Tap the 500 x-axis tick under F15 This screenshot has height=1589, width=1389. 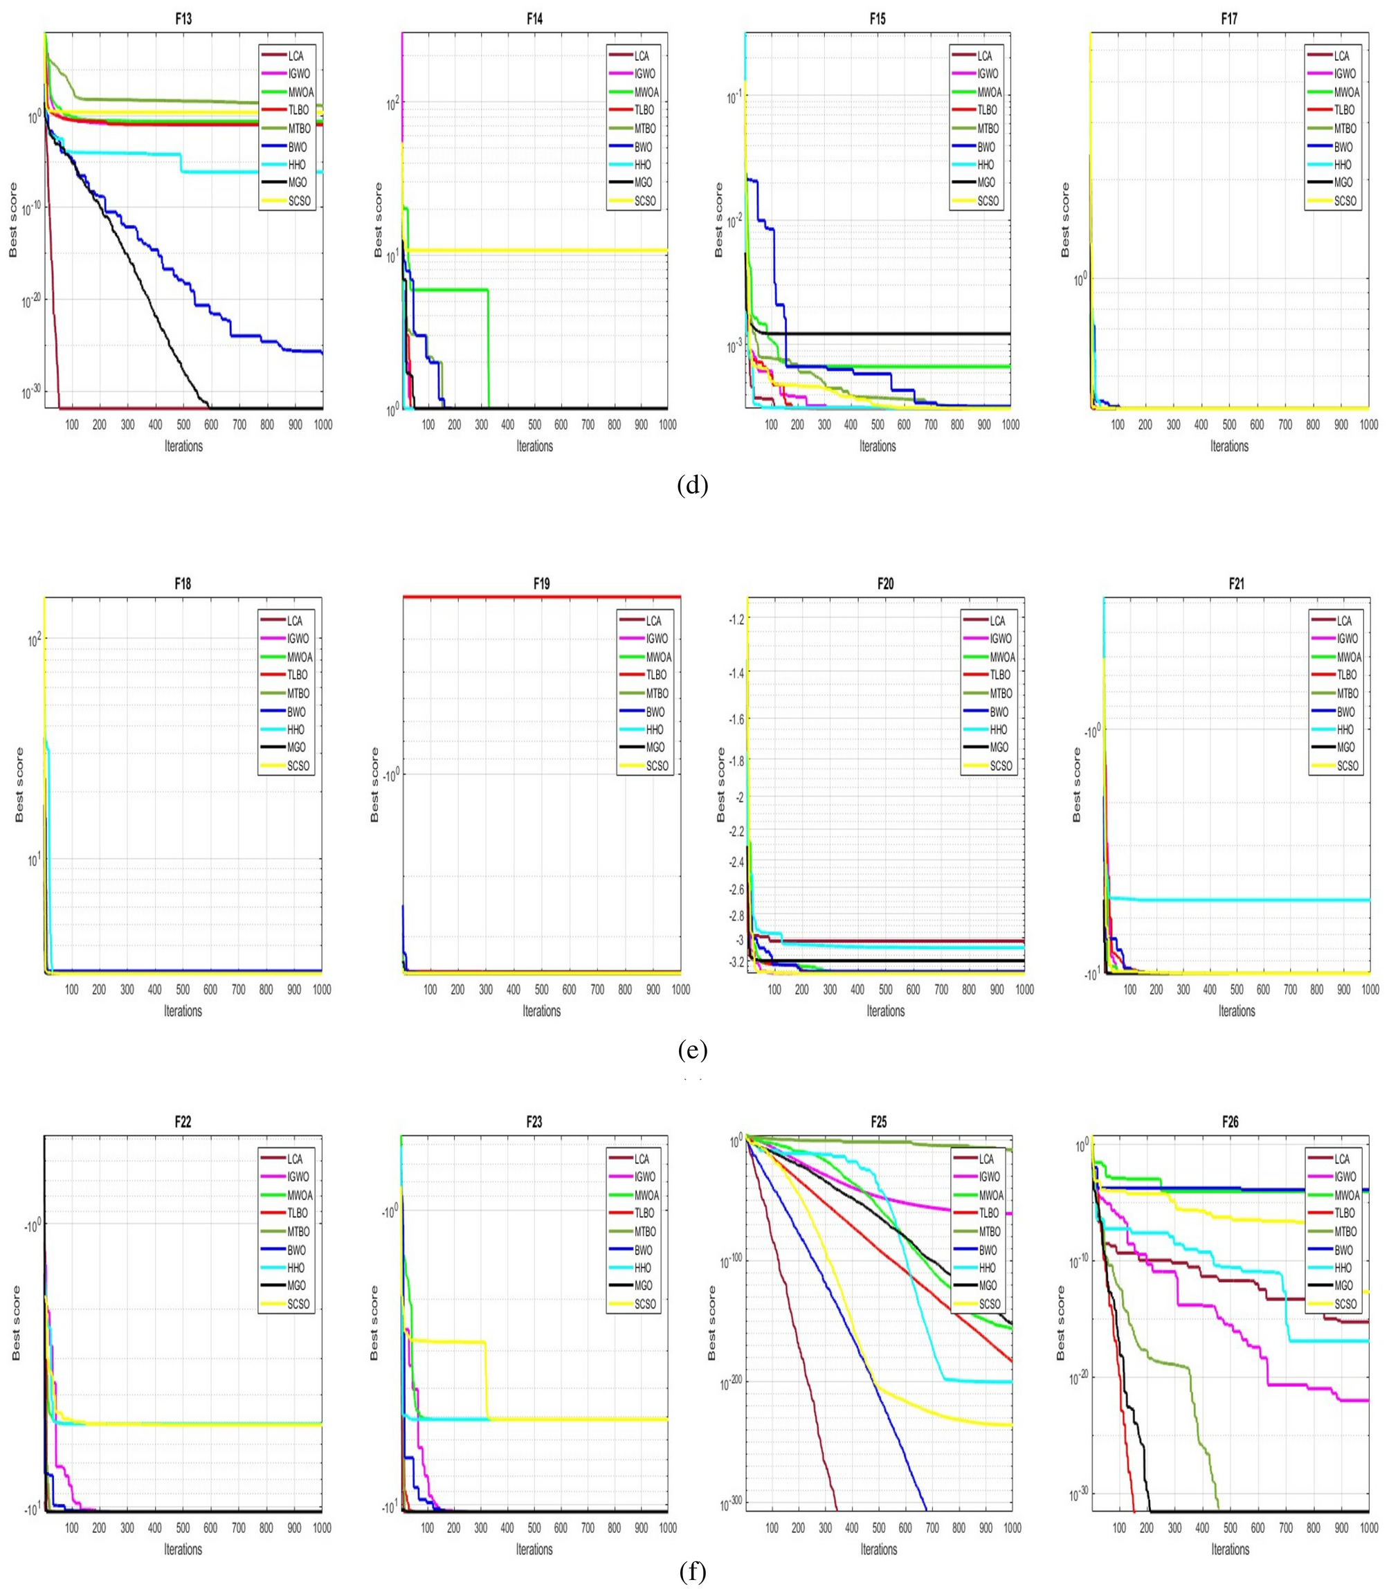pos(878,425)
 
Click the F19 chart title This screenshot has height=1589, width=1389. pos(541,583)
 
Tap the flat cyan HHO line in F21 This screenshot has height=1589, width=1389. pos(1240,900)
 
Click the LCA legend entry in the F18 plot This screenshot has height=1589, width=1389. pos(296,620)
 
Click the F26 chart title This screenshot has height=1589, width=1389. pos(1229,1122)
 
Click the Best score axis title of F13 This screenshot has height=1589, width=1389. pos(13,220)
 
